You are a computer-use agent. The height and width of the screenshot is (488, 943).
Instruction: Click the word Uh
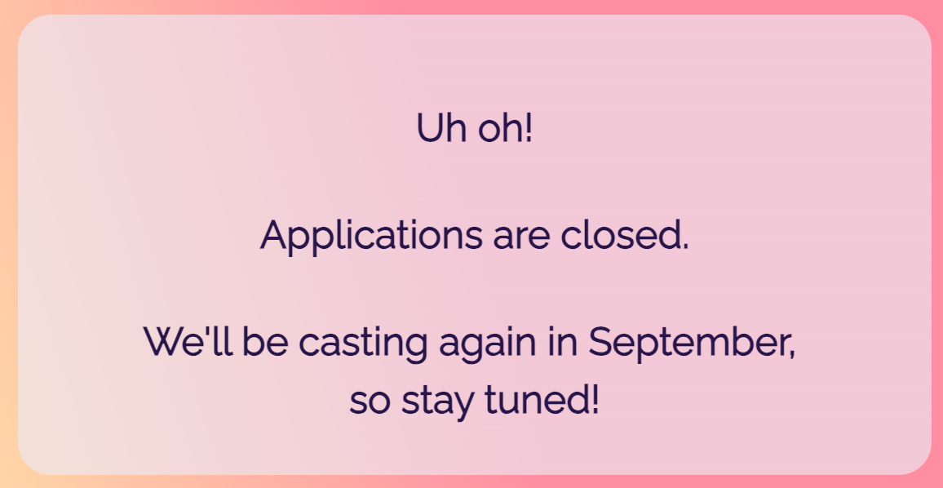coord(441,128)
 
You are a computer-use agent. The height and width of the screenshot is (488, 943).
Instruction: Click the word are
coord(520,240)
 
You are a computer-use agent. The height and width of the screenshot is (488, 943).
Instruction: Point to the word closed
coord(620,235)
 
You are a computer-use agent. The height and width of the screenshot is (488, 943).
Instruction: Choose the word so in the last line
coord(370,403)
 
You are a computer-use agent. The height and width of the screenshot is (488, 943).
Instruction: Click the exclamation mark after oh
coord(529,128)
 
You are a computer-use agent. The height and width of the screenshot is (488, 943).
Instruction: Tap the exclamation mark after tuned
coord(594,400)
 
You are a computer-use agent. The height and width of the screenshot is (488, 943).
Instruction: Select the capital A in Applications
coord(276,235)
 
